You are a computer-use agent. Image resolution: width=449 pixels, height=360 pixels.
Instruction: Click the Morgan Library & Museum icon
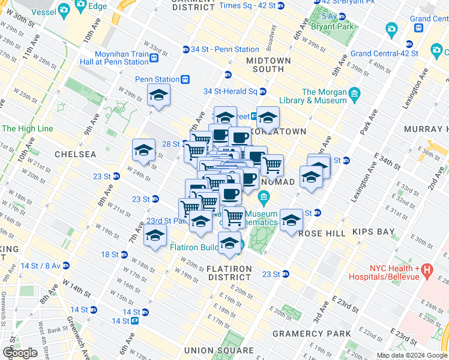[354, 94]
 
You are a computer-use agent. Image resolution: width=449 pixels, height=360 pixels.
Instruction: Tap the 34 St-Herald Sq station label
[230, 91]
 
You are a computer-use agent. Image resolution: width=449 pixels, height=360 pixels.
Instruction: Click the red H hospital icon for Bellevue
[427, 270]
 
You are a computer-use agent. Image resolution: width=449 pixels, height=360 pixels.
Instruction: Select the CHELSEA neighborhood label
[75, 154]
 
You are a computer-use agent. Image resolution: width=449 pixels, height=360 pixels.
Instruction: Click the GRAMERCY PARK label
[312, 334]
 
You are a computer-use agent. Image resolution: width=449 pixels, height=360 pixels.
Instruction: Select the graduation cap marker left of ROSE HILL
[291, 219]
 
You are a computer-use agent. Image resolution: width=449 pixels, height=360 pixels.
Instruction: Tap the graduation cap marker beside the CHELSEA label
[143, 150]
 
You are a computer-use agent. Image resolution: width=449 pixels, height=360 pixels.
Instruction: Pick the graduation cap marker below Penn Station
[159, 95]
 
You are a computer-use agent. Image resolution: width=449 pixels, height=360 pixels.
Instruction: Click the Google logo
[20, 353]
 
